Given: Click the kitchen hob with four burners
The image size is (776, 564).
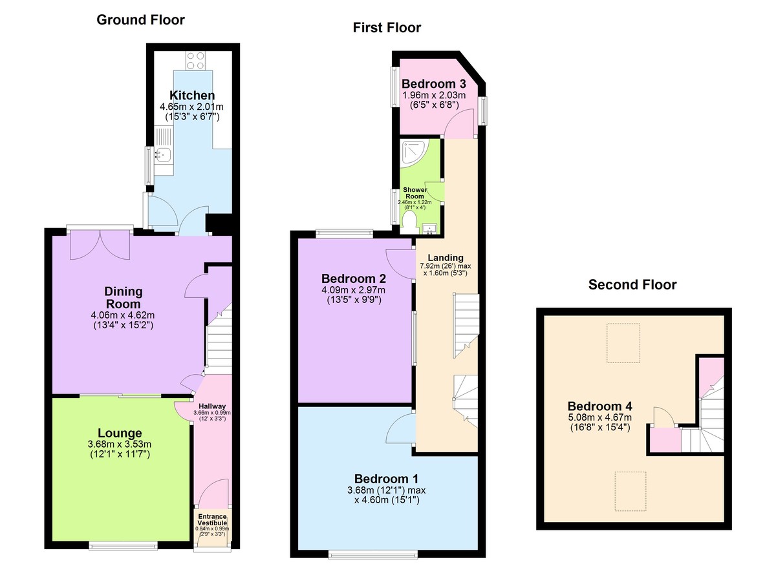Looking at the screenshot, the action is coord(195,61).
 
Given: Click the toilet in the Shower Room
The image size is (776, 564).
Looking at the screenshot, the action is coord(410,222).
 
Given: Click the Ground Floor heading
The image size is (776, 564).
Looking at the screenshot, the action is coord(141,20).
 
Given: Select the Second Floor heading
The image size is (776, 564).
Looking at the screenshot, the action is coord(632,285).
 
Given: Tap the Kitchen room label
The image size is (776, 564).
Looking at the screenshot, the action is coord(192,95).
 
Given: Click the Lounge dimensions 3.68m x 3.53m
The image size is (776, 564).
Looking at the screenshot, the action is coord(120,444).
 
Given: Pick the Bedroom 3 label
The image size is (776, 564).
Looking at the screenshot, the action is coord(434,84).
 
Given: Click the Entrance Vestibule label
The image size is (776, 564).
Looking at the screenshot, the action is coord(212,519).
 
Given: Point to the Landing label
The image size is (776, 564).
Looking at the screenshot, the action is coord(446,257).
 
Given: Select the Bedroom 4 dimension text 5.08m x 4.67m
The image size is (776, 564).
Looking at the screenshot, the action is coord(599,417).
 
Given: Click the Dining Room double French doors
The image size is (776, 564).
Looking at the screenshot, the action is coord(100,244).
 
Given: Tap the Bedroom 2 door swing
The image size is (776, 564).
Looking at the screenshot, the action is coord(401,264).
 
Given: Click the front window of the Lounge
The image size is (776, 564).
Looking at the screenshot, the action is coord(124,547).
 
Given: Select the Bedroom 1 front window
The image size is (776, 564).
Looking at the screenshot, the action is coord(373,556).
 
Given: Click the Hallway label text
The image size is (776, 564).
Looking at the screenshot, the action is coord(212,406).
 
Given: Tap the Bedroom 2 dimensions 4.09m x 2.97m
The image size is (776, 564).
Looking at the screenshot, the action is coord(353,290).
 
